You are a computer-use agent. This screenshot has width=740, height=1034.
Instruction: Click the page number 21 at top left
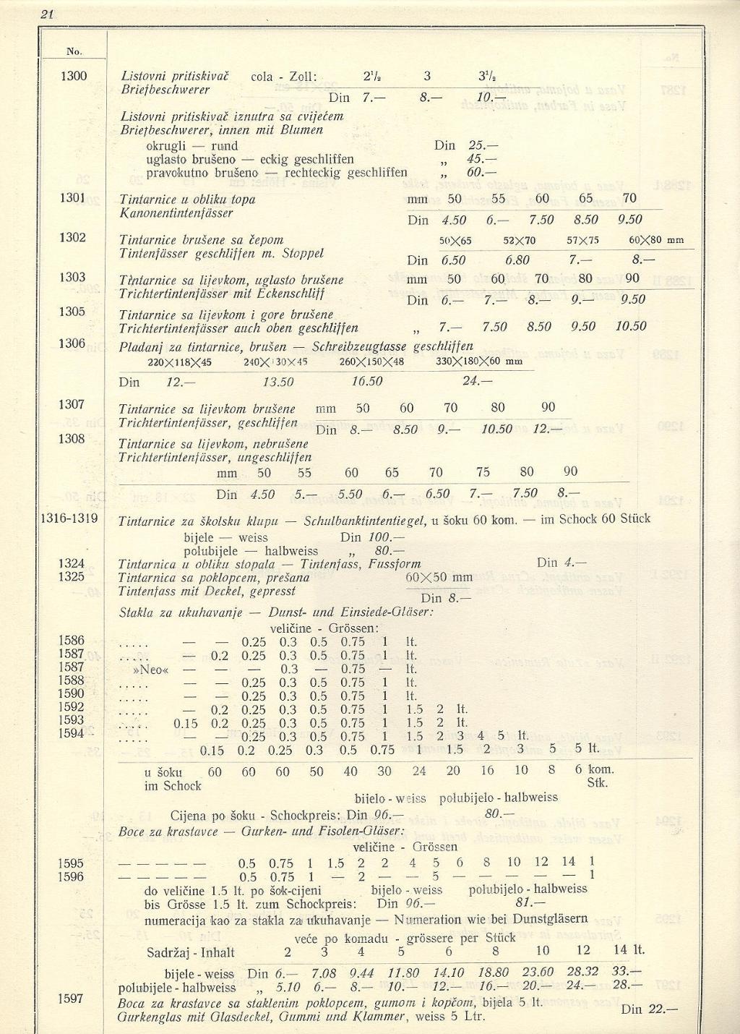pyautogui.click(x=49, y=13)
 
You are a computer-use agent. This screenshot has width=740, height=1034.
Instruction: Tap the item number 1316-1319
pyautogui.click(x=69, y=518)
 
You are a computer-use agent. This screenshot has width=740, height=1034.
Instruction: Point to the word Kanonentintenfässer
pyautogui.click(x=176, y=213)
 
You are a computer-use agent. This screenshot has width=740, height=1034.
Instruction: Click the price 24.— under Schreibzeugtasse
pyautogui.click(x=478, y=381)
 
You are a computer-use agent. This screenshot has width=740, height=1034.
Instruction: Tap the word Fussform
pyautogui.click(x=390, y=563)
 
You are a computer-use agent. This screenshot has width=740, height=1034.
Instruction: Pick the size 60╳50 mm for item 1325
pyautogui.click(x=439, y=578)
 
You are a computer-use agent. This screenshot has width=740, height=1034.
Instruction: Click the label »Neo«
pyautogui.click(x=153, y=670)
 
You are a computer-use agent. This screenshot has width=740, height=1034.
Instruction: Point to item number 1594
pyautogui.click(x=72, y=733)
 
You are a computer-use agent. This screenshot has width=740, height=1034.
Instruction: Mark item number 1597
pyautogui.click(x=72, y=999)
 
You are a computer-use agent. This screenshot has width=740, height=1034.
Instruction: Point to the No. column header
pyautogui.click(x=74, y=51)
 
